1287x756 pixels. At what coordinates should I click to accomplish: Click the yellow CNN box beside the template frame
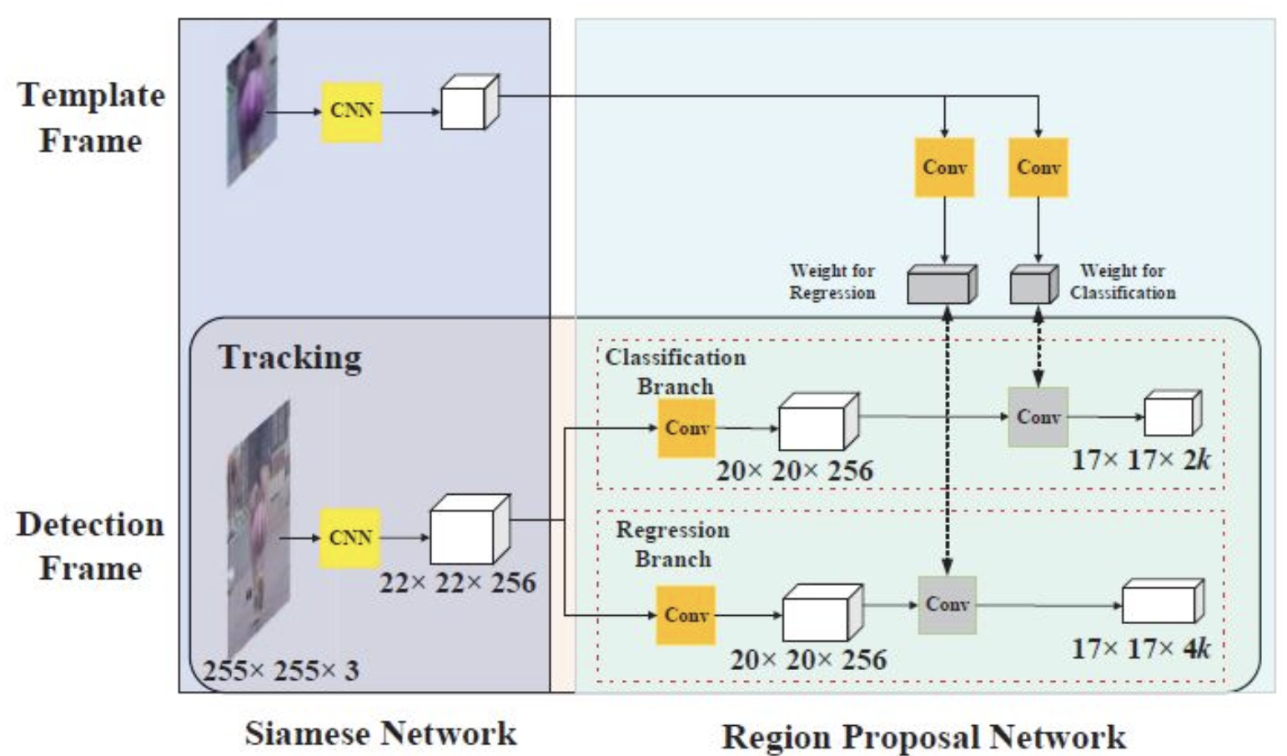point(352,111)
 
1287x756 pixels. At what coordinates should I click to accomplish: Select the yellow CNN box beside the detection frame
point(350,538)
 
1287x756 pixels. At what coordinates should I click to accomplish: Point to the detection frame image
point(259,526)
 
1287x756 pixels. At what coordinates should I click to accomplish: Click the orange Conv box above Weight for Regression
point(944,168)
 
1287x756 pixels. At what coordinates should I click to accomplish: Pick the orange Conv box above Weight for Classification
point(1038,168)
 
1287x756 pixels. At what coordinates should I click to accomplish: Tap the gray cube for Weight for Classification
point(1033,285)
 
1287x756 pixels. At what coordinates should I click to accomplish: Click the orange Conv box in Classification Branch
point(686,428)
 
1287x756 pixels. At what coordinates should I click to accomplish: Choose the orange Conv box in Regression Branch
point(686,615)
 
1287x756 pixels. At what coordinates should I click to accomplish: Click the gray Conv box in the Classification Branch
point(1038,416)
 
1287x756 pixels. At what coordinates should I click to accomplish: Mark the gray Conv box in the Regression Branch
point(947,604)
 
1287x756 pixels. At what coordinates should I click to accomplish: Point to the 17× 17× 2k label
point(1140,460)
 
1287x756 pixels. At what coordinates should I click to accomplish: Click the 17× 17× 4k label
point(1140,648)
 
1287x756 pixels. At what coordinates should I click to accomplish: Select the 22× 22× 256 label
point(457,582)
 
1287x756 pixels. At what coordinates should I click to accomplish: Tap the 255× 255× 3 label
point(281,670)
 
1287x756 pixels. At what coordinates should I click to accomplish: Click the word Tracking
point(290,357)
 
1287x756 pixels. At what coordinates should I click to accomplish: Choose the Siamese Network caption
point(380,733)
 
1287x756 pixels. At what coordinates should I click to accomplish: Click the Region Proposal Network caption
point(923,737)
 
